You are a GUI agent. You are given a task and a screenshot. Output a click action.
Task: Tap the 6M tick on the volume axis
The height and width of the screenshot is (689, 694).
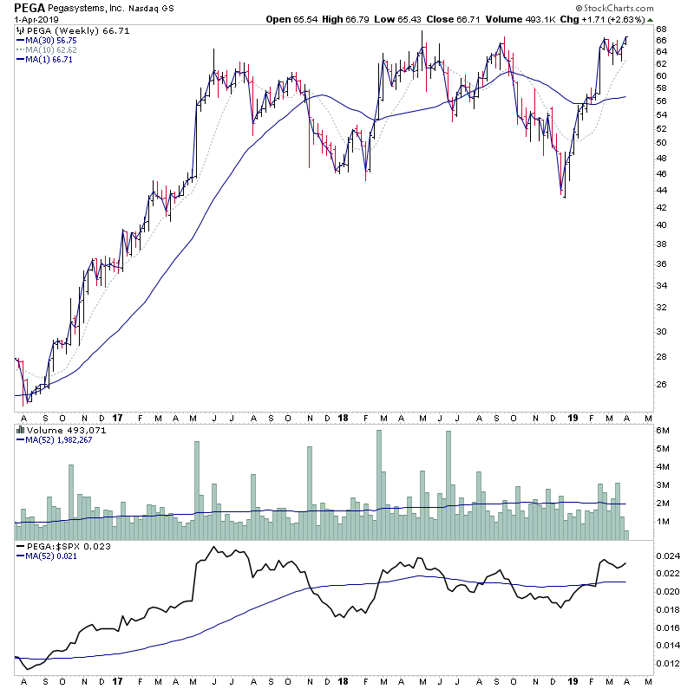(662, 431)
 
